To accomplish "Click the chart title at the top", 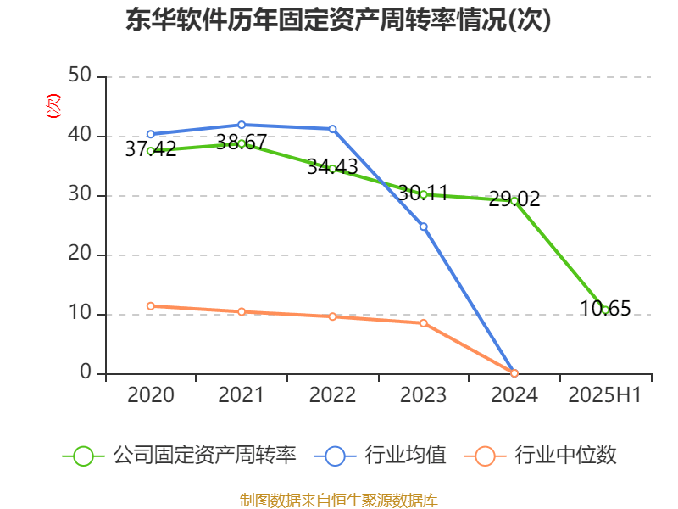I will [338, 20].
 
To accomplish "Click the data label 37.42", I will [151, 149].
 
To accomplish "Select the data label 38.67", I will [241, 142].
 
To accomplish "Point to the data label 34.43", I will [332, 166].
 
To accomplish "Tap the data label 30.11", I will [423, 193].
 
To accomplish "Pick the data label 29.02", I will [514, 199].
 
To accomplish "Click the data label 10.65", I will [605, 309].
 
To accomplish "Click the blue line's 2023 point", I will [423, 227].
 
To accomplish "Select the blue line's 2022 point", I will [332, 129].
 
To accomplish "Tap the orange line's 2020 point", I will [150, 305].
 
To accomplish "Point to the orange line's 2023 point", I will [423, 323].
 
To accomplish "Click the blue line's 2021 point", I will [241, 125].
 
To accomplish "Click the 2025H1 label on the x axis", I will [605, 395].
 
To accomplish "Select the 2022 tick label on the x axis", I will [332, 395].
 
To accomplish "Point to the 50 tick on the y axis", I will [81, 76].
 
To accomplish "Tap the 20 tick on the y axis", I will [81, 255].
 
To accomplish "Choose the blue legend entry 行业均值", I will [381, 456].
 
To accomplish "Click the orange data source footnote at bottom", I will [338, 500].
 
